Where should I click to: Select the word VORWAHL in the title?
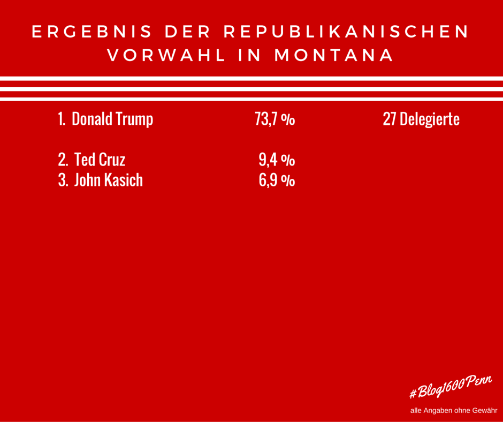(x=166, y=56)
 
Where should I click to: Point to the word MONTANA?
(x=334, y=56)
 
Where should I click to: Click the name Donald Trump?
(x=112, y=119)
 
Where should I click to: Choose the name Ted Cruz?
(x=100, y=160)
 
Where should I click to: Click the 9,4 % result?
(x=277, y=160)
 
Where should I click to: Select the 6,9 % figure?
(x=277, y=180)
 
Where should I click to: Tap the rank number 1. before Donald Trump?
(x=62, y=119)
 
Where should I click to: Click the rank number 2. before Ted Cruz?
(x=63, y=160)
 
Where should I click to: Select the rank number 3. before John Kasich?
(x=63, y=180)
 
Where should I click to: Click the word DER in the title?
(x=187, y=32)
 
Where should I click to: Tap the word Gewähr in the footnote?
(x=485, y=411)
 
